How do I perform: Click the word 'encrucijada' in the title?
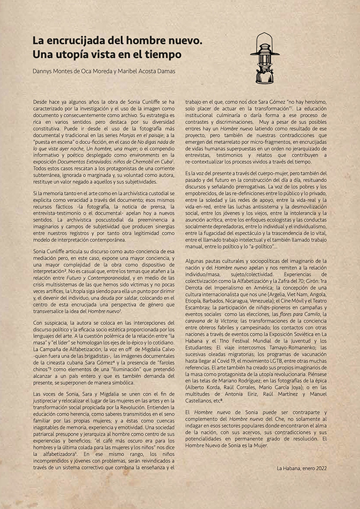pos(80,41)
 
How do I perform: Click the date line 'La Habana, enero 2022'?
pos(301,468)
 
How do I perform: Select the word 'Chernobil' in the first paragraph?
pos(137,163)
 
